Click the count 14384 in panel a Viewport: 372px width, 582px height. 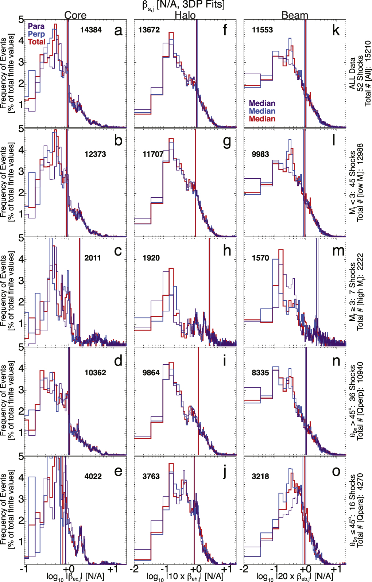(91, 30)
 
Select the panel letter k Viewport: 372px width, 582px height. (336, 31)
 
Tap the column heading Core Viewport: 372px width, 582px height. (75, 15)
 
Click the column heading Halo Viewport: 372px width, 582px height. (185, 15)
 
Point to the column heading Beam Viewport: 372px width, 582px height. (295, 15)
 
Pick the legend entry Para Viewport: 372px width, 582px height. (36, 26)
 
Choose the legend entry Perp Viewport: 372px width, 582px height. (36, 34)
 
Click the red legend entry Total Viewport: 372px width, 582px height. (36, 42)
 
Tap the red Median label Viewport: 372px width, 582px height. (262, 119)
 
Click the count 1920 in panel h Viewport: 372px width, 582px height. (151, 258)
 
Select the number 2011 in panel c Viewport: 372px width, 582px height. (93, 258)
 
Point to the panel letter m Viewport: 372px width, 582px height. (338, 251)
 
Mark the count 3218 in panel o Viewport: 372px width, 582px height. (260, 476)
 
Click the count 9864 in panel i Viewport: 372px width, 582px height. (151, 373)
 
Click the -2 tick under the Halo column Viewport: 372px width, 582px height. (135, 569)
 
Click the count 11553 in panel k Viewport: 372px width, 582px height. (262, 30)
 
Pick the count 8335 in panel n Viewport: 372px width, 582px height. (260, 373)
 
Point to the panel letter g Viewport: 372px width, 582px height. (227, 141)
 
